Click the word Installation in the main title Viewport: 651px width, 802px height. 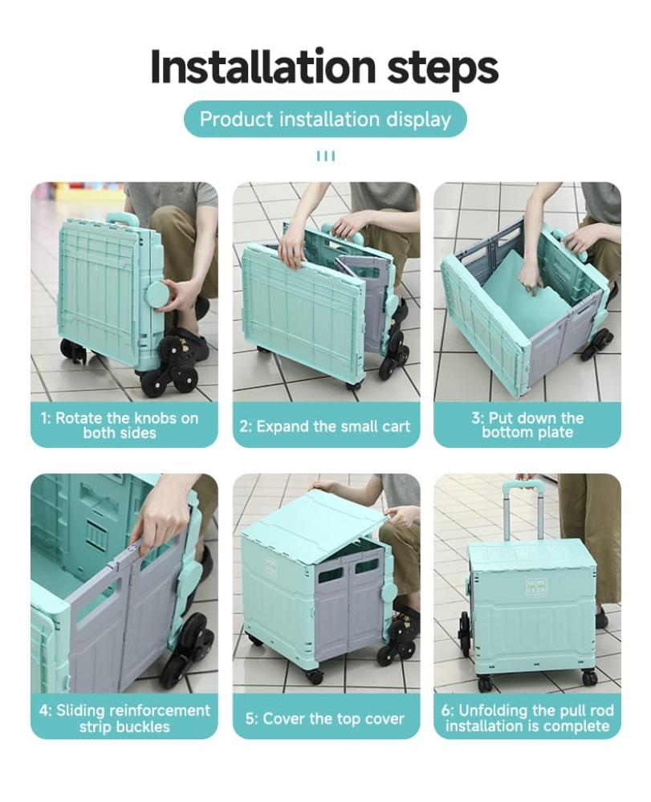pyautogui.click(x=262, y=67)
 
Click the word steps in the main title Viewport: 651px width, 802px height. pyautogui.click(x=442, y=69)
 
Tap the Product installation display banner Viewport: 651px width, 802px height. pyautogui.click(x=325, y=119)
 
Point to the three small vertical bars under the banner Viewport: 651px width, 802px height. pyautogui.click(x=326, y=156)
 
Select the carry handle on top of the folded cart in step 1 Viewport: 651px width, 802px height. pyautogui.click(x=122, y=217)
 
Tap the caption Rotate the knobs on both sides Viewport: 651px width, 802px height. pyautogui.click(x=120, y=425)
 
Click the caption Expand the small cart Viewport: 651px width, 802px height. pyautogui.click(x=325, y=426)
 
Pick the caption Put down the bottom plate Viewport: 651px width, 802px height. pyautogui.click(x=527, y=425)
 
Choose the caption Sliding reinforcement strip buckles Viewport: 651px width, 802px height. pyautogui.click(x=124, y=719)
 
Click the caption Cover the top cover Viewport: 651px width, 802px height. pyautogui.click(x=325, y=719)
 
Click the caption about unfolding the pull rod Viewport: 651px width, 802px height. pyautogui.click(x=527, y=719)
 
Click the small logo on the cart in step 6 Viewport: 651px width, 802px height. pyautogui.click(x=537, y=585)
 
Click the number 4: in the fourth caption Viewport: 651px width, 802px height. pyautogui.click(x=46, y=710)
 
